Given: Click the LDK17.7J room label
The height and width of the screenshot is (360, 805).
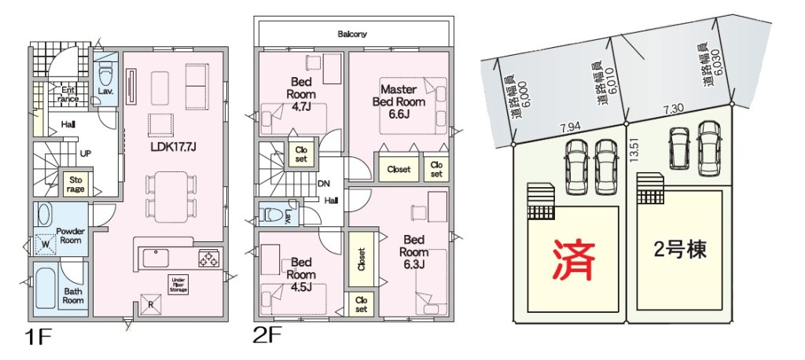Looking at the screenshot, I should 173,146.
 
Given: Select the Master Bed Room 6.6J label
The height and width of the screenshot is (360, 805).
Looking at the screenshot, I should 403,101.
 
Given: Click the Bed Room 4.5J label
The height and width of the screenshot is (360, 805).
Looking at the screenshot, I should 302,274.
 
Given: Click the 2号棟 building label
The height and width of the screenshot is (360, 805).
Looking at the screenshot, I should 680,250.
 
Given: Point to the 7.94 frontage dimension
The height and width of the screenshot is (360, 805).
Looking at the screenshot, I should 570,127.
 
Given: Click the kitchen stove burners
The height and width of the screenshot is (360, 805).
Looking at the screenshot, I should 209,257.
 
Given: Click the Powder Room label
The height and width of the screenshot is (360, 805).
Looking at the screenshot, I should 70,235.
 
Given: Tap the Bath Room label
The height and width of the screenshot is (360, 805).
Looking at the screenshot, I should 73,295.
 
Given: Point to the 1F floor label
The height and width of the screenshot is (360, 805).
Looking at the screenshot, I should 38,339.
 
